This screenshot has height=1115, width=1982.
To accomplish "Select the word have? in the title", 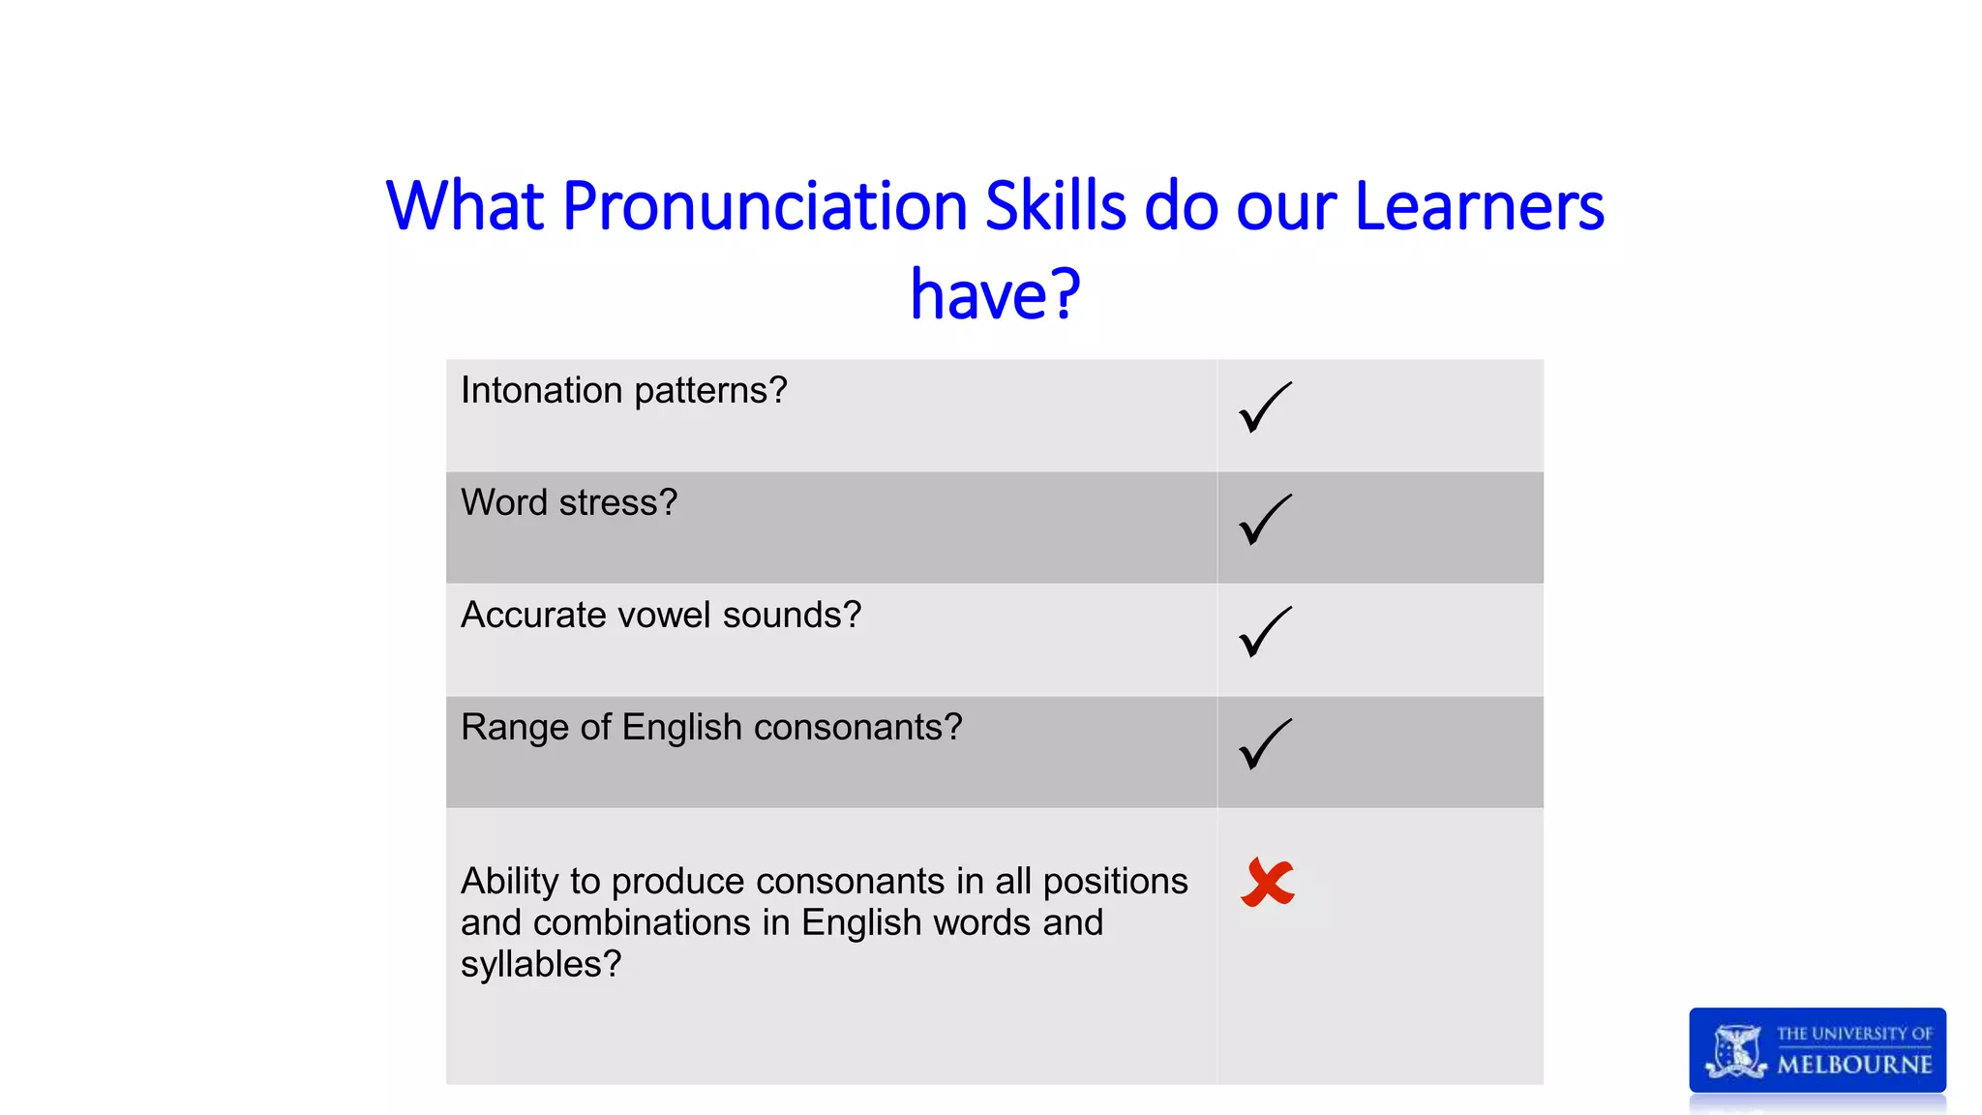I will [x=995, y=294].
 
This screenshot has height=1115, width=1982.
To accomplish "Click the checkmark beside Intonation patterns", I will [x=1264, y=407].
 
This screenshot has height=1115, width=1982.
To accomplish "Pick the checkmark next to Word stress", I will [x=1264, y=520].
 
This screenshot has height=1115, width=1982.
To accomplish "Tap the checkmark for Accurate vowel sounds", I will [x=1264, y=632].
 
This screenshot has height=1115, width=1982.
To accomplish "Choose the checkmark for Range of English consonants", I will [x=1264, y=744].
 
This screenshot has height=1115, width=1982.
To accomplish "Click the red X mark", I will [x=1267, y=883].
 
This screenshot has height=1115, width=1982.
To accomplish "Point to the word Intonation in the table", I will [x=541, y=390].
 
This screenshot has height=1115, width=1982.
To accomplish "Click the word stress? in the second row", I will [x=618, y=503].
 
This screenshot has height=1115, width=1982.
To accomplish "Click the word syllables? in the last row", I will [x=541, y=965].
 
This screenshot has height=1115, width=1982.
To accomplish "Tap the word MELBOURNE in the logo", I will [x=1854, y=1065].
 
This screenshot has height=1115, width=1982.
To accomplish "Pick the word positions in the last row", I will [x=1115, y=882].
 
